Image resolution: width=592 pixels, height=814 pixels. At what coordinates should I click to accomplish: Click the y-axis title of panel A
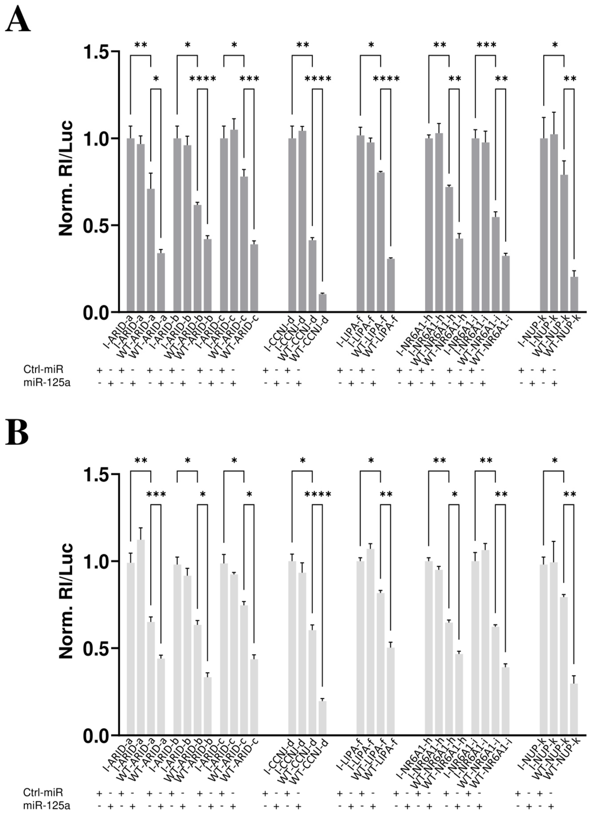point(66,178)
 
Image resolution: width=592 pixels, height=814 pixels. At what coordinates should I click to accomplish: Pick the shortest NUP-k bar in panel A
point(574,294)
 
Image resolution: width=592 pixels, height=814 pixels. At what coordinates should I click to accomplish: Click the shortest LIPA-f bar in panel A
point(391,285)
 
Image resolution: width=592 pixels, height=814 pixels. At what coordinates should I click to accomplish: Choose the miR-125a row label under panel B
point(46,806)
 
